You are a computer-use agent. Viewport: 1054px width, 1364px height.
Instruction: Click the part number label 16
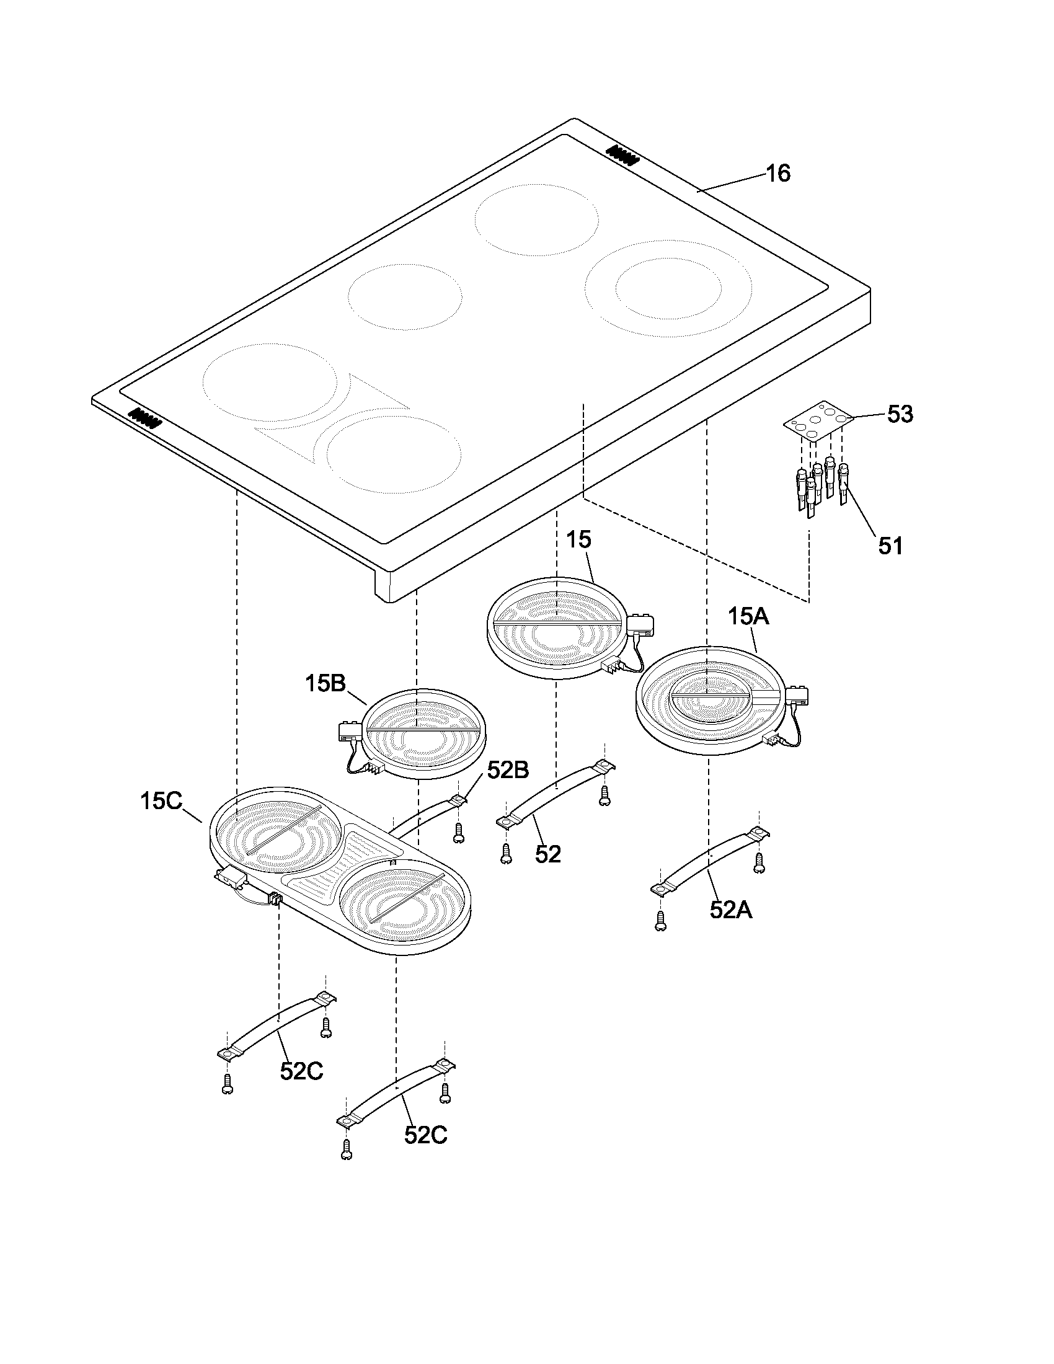pos(777,173)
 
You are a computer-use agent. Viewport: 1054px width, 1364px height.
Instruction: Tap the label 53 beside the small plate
pos(900,414)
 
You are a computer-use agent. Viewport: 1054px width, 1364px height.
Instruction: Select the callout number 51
pos(890,546)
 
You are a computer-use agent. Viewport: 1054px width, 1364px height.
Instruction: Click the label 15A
pos(748,617)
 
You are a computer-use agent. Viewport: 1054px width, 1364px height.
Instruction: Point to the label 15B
pos(325,683)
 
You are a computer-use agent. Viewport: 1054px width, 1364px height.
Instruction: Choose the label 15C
pos(161,801)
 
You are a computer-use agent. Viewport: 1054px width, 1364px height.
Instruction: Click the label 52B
pos(508,771)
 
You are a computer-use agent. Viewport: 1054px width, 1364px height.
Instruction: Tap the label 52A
pos(730,910)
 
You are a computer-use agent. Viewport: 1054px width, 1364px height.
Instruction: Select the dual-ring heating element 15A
pos(709,706)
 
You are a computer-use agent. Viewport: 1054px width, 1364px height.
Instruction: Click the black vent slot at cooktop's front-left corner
pos(145,417)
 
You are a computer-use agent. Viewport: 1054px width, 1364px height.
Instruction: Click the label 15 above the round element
pos(578,539)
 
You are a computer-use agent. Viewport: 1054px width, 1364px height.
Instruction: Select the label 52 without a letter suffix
pos(548,854)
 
